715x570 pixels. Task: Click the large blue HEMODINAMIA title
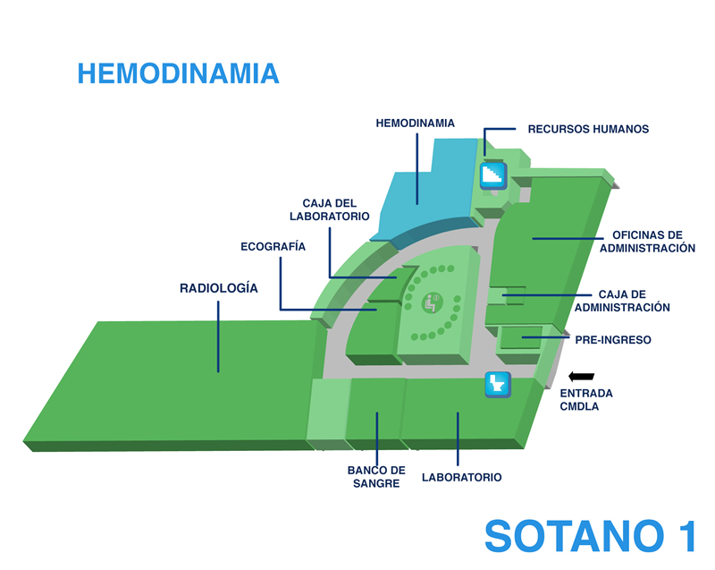pyautogui.click(x=178, y=73)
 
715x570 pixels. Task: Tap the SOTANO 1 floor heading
pyautogui.click(x=591, y=536)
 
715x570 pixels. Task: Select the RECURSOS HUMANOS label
pyautogui.click(x=588, y=129)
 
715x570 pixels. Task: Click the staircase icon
pyautogui.click(x=493, y=174)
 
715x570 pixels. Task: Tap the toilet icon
pyautogui.click(x=498, y=384)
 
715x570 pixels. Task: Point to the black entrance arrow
pyautogui.click(x=582, y=377)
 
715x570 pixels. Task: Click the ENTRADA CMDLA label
pyautogui.click(x=586, y=400)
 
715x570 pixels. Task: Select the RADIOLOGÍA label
pyautogui.click(x=219, y=288)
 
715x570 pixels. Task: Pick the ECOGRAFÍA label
pyautogui.click(x=273, y=246)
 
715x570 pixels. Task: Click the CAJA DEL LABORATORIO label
pyautogui.click(x=329, y=209)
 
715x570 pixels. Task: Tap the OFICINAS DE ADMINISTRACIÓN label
pyautogui.click(x=647, y=242)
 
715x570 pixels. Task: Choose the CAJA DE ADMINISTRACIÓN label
pyautogui.click(x=622, y=301)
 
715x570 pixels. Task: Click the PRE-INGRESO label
pyautogui.click(x=613, y=340)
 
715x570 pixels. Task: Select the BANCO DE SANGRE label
pyautogui.click(x=376, y=477)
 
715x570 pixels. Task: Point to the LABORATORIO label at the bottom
pyautogui.click(x=461, y=477)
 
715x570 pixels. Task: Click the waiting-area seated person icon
pyautogui.click(x=432, y=302)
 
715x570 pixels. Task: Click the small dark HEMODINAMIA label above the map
pyautogui.click(x=415, y=123)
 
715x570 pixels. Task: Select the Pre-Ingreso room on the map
pyautogui.click(x=520, y=338)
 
